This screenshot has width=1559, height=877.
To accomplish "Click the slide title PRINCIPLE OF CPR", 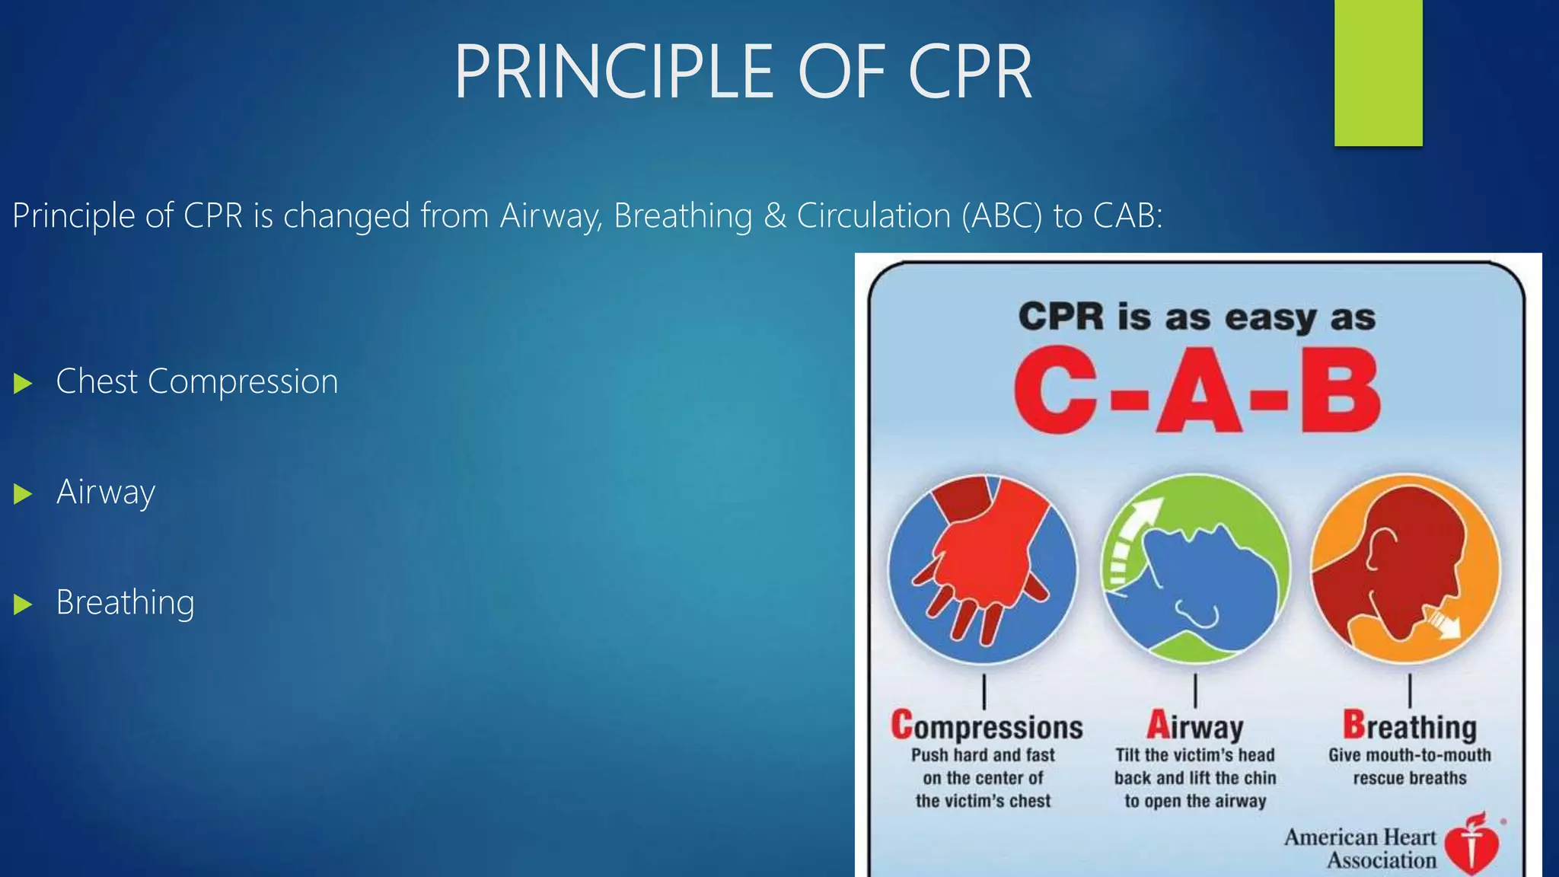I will (x=743, y=72).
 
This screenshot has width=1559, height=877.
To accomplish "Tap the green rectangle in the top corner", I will (x=1378, y=72).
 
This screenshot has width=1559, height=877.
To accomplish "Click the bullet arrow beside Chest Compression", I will (x=23, y=383).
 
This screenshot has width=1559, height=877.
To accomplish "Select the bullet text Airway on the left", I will (x=105, y=493).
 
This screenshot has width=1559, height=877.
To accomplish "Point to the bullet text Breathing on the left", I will (x=125, y=603).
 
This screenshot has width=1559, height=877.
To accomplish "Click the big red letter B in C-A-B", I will (x=1340, y=391).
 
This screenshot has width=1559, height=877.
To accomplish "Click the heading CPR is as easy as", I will (x=1197, y=317).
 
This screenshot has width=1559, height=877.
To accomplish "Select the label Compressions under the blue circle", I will (x=987, y=726).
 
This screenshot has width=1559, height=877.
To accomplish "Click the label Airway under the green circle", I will (x=1194, y=726).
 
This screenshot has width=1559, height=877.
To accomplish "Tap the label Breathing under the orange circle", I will (x=1409, y=726).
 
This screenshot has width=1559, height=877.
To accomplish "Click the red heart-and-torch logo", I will (x=1471, y=845).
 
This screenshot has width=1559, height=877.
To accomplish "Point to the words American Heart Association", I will (x=1360, y=848).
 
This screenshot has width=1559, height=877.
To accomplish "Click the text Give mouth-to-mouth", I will (x=1409, y=755).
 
